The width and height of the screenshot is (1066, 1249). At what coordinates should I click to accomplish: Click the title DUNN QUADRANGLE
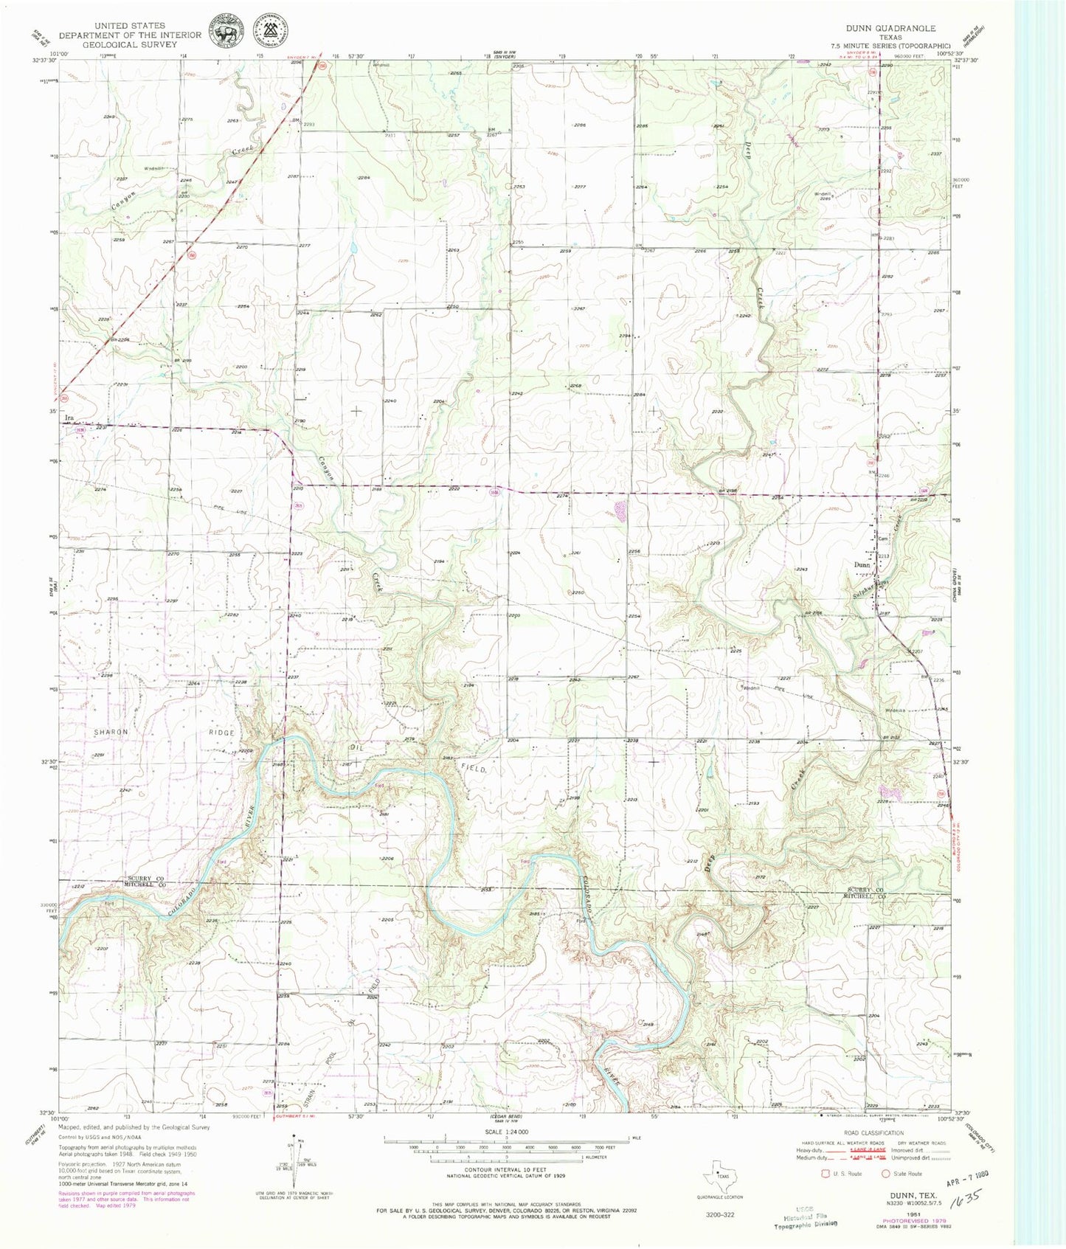coord(895,28)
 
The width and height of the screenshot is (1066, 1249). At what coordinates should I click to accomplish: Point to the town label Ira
coord(70,418)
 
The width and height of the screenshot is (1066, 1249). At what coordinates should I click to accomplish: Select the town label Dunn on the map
coord(861,565)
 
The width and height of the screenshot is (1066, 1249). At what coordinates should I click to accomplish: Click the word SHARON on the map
coord(111,732)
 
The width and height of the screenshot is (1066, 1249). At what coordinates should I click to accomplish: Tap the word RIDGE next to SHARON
coord(221,733)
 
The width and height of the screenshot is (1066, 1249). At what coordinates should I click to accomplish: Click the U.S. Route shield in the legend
coord(825,1172)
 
